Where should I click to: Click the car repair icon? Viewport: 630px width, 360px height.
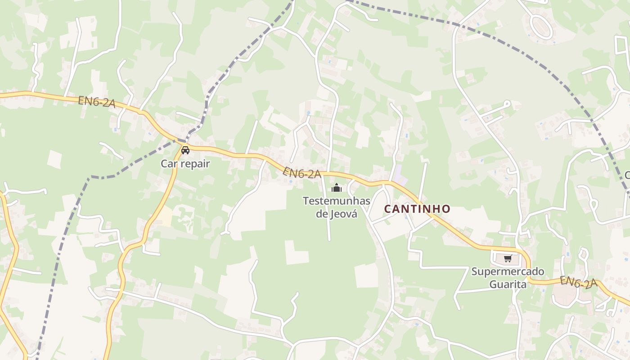(185, 150)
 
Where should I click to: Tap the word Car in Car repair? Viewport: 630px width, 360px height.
(170, 164)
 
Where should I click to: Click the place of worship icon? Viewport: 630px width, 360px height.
(336, 188)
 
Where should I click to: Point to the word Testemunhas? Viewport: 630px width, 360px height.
(336, 201)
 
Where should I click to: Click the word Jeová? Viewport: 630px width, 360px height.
(344, 214)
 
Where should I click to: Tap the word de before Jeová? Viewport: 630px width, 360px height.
(322, 214)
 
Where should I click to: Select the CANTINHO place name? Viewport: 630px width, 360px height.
(417, 209)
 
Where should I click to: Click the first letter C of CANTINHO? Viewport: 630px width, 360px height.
(387, 209)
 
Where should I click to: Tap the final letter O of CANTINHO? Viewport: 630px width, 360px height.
(446, 209)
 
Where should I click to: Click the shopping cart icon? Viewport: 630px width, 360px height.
(508, 258)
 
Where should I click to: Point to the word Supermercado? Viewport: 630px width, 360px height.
(508, 272)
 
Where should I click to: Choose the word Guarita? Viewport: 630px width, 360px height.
(508, 284)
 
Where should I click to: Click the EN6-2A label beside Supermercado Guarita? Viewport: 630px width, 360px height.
(578, 283)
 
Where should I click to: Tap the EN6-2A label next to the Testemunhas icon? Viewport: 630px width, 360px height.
(301, 173)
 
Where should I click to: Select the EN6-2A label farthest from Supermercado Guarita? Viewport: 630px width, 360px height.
(96, 102)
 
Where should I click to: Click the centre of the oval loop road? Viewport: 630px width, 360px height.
(541, 26)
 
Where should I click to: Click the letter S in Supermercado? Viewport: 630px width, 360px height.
(474, 272)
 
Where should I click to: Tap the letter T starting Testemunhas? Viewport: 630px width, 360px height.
(306, 201)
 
